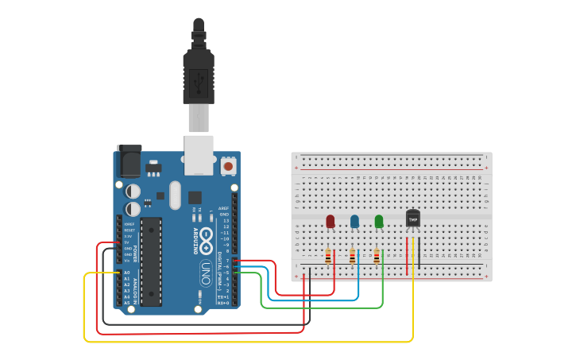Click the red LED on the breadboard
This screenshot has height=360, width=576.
[331, 221]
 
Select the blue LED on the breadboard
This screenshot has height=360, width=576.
[354, 221]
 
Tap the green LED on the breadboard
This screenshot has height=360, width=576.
[379, 221]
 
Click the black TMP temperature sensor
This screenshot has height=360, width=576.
[413, 218]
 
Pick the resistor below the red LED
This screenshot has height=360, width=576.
[328, 257]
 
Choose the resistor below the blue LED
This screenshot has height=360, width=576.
[352, 257]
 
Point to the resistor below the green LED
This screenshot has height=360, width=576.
[377, 257]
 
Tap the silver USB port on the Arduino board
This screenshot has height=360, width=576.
[198, 154]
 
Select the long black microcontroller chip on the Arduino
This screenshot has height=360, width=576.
[151, 261]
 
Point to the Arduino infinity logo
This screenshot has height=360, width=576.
[206, 237]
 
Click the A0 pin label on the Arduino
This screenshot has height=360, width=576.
[126, 273]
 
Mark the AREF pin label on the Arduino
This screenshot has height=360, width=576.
[224, 208]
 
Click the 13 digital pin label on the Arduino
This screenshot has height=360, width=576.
[226, 220]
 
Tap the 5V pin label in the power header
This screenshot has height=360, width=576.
[127, 242]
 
